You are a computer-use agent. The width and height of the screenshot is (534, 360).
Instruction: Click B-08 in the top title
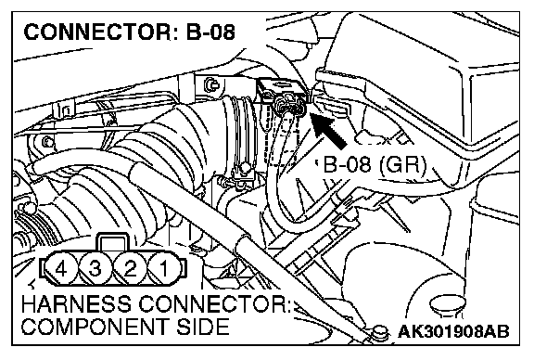pyautogui.click(x=210, y=32)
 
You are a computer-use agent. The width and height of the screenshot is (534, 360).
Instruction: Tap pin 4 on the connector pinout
pyautogui.click(x=61, y=269)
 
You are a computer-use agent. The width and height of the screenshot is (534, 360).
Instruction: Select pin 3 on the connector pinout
pyautogui.click(x=95, y=269)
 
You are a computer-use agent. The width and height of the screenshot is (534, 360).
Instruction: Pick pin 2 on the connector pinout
pyautogui.click(x=130, y=269)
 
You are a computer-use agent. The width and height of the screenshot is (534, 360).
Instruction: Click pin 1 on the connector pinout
pyautogui.click(x=164, y=269)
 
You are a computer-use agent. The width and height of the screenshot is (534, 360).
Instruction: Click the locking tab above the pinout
pyautogui.click(x=113, y=243)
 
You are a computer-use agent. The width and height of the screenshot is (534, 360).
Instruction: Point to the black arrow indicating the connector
pyautogui.click(x=327, y=130)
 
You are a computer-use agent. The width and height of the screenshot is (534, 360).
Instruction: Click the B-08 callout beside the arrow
pyautogui.click(x=347, y=164)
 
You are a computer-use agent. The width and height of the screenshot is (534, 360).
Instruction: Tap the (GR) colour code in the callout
pyautogui.click(x=402, y=165)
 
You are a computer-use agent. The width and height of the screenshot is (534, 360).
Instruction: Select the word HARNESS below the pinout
pyautogui.click(x=76, y=303)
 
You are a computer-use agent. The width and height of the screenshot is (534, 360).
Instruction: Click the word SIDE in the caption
pyautogui.click(x=203, y=327)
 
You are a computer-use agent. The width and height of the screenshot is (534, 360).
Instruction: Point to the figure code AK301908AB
pyautogui.click(x=453, y=331)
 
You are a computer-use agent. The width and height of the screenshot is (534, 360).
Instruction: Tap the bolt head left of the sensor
pyautogui.click(x=211, y=84)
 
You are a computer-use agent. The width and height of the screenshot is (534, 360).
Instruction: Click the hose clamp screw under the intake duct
pyautogui.click(x=244, y=168)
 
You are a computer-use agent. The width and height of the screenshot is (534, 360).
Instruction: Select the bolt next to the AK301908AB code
pyautogui.click(x=380, y=331)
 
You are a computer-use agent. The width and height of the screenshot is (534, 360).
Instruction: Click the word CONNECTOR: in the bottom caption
pyautogui.click(x=214, y=303)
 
